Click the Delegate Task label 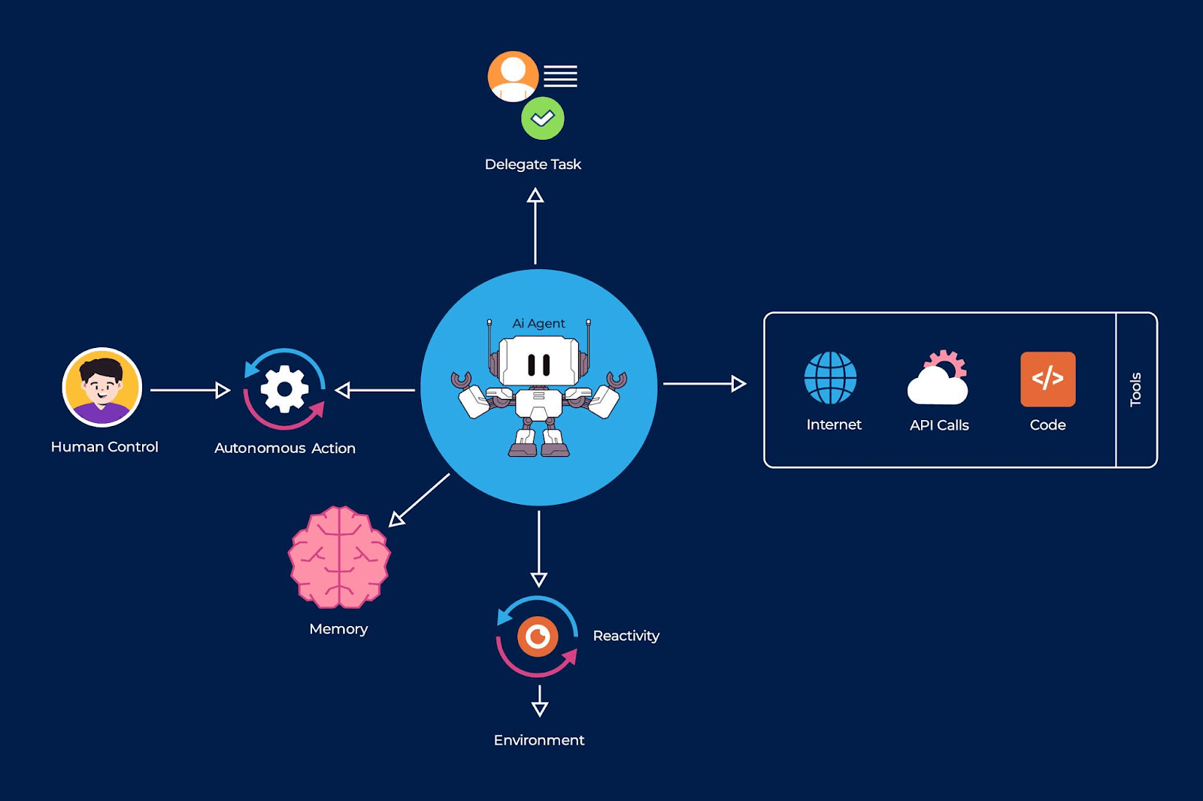coord(532,164)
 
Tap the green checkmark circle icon coord(542,118)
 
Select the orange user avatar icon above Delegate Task coord(513,76)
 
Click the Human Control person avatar coord(102,387)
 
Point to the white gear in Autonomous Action coord(284,388)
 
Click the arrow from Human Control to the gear coord(189,390)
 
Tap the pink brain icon coord(339,557)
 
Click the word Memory coord(338,629)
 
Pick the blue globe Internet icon coord(830,378)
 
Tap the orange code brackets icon coord(1047,379)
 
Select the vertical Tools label coord(1135,389)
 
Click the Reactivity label coord(626,636)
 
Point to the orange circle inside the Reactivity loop coord(538,637)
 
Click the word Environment coord(538,740)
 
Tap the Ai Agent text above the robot coord(538,323)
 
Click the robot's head coord(538,362)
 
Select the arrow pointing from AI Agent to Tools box coord(704,384)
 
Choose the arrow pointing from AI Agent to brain coord(420,500)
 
